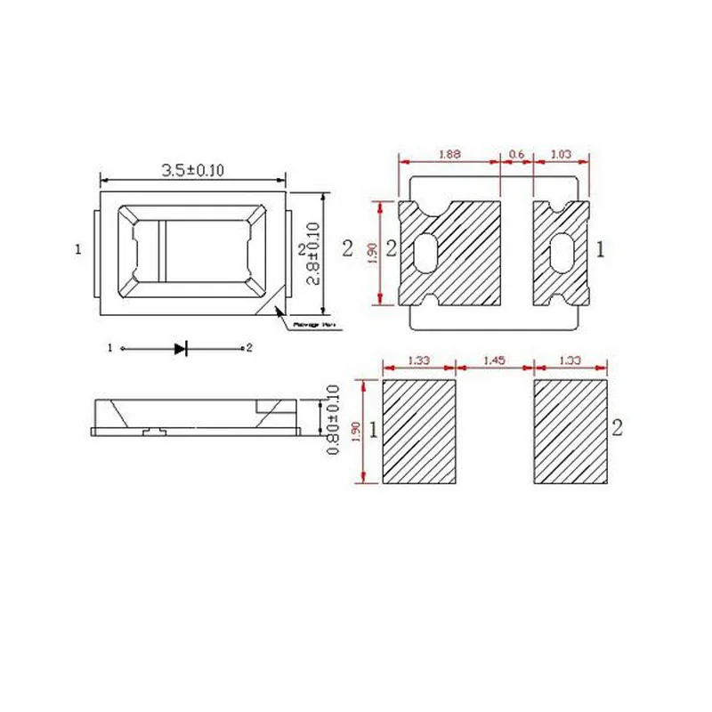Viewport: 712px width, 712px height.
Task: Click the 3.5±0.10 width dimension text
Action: (192, 170)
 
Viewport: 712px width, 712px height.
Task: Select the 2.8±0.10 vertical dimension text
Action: (312, 254)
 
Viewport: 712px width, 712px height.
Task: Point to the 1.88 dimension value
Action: (449, 154)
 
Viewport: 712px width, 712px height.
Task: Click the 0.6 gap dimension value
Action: (516, 154)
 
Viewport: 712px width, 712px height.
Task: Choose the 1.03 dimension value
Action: (561, 154)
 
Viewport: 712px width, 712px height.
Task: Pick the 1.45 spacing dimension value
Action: (494, 360)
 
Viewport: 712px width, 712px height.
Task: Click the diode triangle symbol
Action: (181, 348)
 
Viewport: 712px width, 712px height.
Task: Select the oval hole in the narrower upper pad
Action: (562, 253)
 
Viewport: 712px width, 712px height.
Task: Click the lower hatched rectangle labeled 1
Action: (418, 432)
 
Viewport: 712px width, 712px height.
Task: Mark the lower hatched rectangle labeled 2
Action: (570, 432)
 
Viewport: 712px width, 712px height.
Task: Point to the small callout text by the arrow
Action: (311, 327)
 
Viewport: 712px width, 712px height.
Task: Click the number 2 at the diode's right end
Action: (250, 348)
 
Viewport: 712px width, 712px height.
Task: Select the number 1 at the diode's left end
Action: (110, 348)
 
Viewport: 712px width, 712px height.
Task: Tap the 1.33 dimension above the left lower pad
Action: (417, 360)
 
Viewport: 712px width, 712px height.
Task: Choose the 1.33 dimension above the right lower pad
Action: (570, 360)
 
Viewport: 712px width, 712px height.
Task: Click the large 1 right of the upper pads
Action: (601, 251)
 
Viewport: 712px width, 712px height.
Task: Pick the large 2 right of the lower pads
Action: (617, 426)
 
